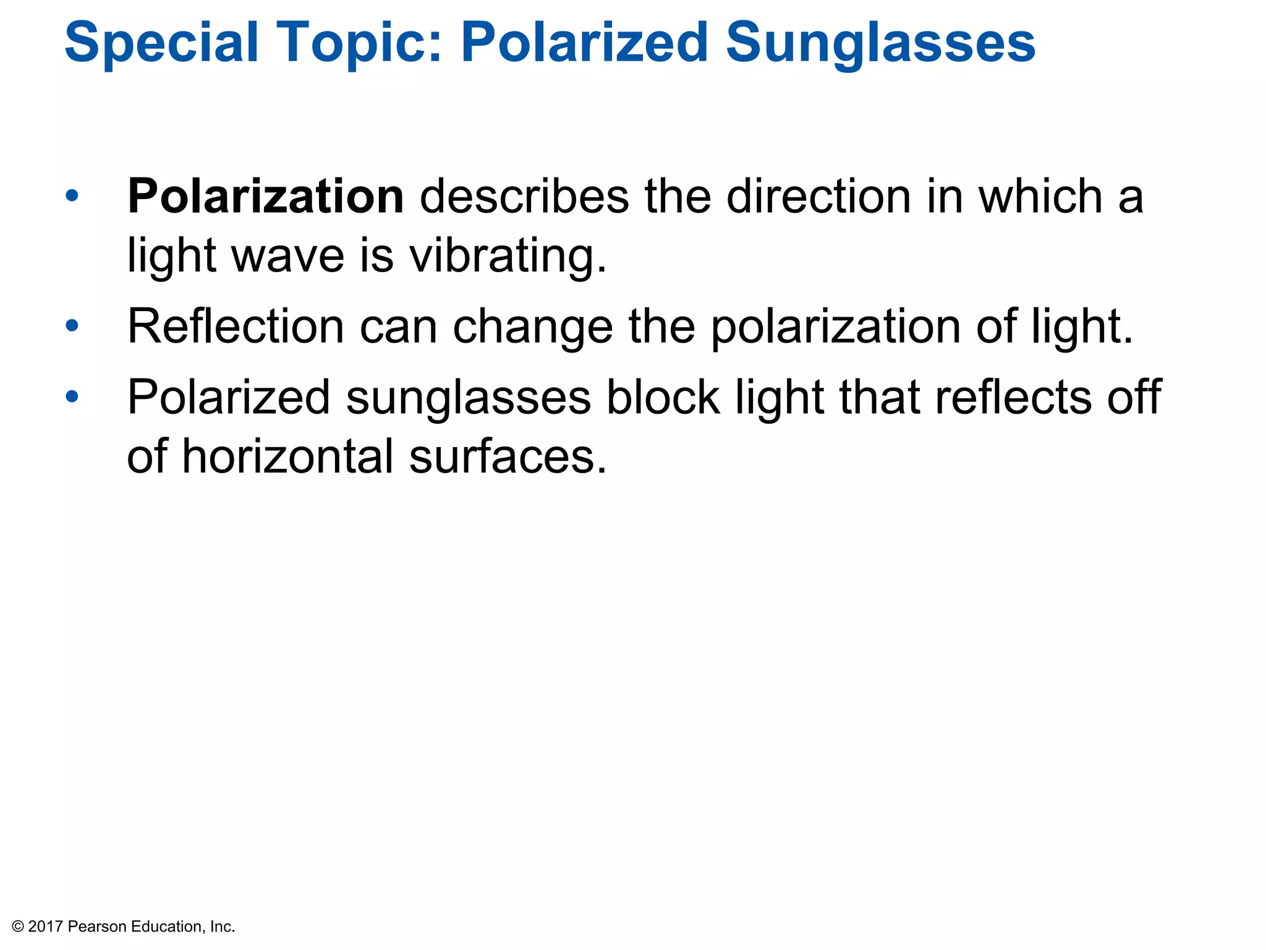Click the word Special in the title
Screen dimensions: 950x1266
[x=161, y=43]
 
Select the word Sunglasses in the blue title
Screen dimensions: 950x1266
[x=880, y=43]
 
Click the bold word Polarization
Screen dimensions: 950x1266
[x=266, y=197]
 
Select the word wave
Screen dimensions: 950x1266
[x=287, y=256]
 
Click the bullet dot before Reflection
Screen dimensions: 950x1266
[x=72, y=325]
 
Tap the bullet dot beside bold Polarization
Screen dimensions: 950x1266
[x=72, y=196]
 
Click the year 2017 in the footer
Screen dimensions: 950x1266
[x=45, y=926]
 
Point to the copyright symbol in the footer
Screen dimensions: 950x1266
[x=18, y=926]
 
